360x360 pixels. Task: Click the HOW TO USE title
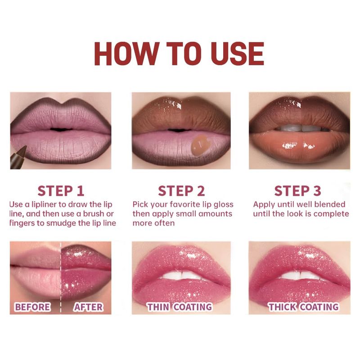pos(179,54)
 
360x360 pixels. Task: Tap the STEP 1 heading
pos(61,191)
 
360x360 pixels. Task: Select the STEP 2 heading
pos(181,191)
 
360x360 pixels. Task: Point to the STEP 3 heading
pos(297,191)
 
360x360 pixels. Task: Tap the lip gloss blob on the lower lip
pos(199,145)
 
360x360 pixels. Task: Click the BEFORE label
pos(32,307)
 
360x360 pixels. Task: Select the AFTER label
pos(88,307)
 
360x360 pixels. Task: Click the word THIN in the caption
pos(158,307)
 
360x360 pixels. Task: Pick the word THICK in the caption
pos(282,307)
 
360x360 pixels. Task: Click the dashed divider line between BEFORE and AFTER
pos(61,278)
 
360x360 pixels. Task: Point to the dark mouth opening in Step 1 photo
pos(61,129)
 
